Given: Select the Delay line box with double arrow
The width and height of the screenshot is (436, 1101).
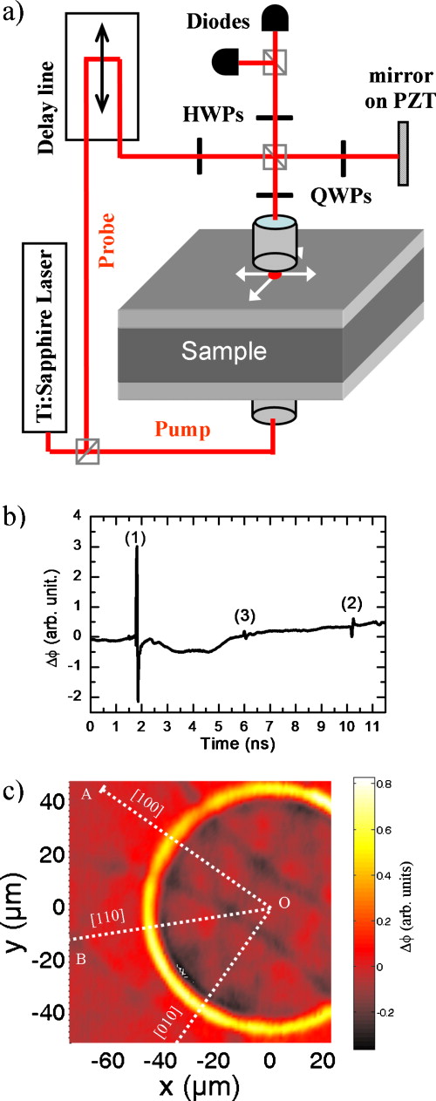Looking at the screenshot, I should click(103, 76).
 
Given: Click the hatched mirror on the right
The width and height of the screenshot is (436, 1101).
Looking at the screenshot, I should click(403, 158).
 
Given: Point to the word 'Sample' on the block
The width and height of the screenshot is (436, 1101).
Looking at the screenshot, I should click(222, 350).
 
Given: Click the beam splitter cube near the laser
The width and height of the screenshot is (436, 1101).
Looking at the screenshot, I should click(86, 450).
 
